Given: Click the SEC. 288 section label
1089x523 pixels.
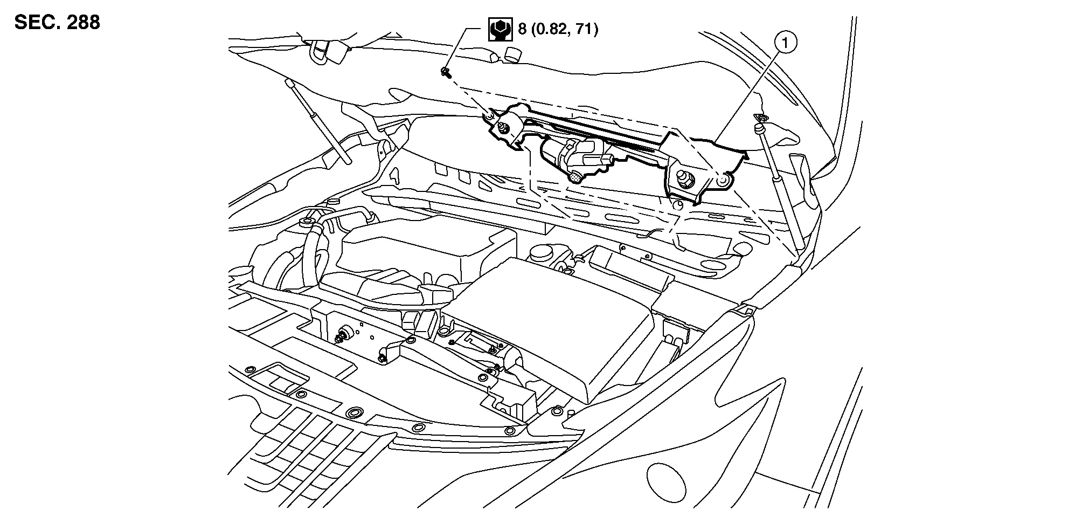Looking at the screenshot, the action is [57, 23].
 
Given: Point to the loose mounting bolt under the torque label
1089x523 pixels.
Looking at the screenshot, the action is [446, 72].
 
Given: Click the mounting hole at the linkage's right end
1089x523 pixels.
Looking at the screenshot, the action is [723, 181].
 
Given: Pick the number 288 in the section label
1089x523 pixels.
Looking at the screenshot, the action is [81, 23].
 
